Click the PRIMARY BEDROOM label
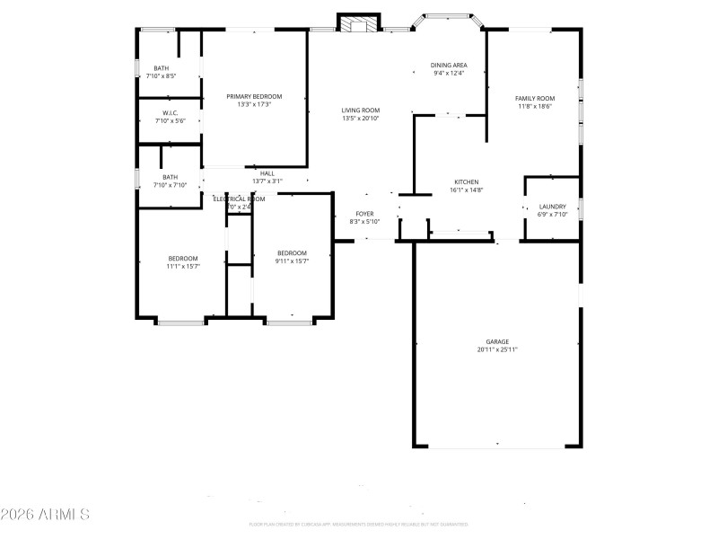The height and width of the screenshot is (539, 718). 254,96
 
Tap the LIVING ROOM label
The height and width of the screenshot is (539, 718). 360,110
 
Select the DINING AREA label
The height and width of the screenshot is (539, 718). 448,65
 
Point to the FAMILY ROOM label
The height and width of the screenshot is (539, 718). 534,98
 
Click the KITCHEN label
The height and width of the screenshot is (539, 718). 466,181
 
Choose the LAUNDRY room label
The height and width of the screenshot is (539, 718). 552,206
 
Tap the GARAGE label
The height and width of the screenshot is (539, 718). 497,341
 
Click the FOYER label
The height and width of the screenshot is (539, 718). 364,213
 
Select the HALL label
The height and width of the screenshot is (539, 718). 267,173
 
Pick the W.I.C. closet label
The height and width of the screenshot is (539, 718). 170,112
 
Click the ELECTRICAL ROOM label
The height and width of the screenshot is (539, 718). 239,199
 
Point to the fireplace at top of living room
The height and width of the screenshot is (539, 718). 360,23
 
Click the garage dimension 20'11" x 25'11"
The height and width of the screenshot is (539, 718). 497,349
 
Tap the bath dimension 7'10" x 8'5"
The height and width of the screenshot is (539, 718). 161,76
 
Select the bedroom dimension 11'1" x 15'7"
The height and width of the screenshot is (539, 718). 182,266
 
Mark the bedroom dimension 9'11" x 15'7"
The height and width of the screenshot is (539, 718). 292,261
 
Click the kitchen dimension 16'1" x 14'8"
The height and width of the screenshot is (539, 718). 466,190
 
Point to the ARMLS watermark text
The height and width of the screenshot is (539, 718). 46,515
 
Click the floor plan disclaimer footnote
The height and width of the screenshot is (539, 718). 359,524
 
